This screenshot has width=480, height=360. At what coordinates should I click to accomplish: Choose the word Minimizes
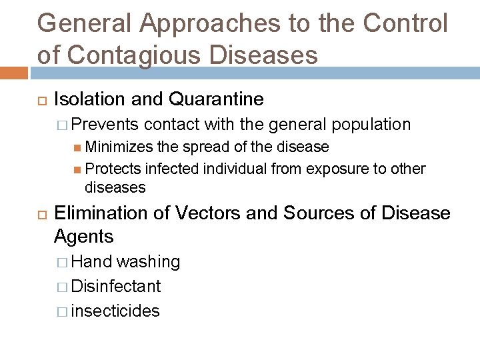click(x=121, y=147)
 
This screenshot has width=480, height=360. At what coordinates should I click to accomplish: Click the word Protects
click(x=115, y=169)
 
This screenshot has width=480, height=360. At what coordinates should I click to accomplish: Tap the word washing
click(x=148, y=262)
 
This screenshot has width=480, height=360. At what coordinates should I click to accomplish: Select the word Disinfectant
click(x=115, y=287)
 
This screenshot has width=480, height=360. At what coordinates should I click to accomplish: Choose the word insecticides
click(x=115, y=311)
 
